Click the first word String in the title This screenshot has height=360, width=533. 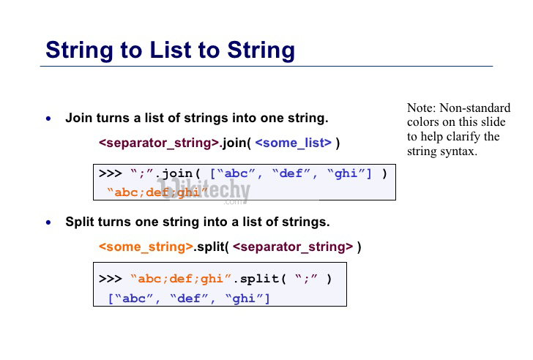click(x=80, y=50)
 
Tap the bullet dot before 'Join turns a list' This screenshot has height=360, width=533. click(x=48, y=119)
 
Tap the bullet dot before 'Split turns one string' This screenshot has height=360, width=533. click(x=48, y=222)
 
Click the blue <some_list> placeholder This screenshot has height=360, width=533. click(x=294, y=143)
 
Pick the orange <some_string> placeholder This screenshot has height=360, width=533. click(x=146, y=247)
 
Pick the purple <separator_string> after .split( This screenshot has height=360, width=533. click(x=293, y=247)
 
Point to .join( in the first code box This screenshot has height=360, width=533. click(x=179, y=173)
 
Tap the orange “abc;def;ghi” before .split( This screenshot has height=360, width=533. click(x=181, y=279)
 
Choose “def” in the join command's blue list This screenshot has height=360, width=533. click(x=291, y=173)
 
